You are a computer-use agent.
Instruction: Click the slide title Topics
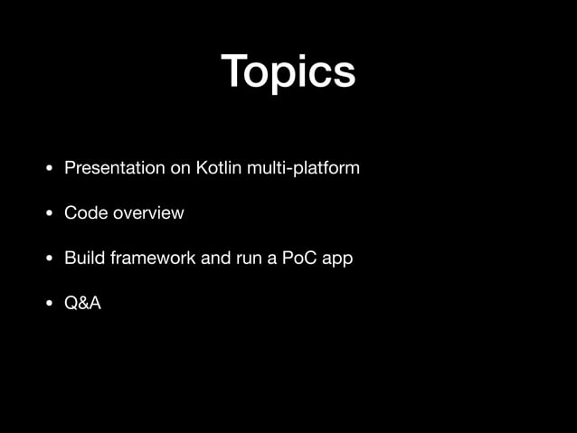click(288, 72)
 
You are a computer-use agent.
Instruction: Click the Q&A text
click(82, 303)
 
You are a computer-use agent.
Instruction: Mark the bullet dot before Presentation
click(51, 169)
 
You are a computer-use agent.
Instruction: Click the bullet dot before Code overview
click(51, 214)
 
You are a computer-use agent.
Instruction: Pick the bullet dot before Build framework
click(51, 259)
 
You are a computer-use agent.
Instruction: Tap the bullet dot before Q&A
click(51, 304)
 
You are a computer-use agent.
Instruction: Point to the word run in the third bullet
click(250, 259)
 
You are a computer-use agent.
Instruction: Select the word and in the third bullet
click(215, 258)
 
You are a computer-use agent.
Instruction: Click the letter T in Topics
click(235, 71)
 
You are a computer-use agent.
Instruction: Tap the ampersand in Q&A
click(82, 303)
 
